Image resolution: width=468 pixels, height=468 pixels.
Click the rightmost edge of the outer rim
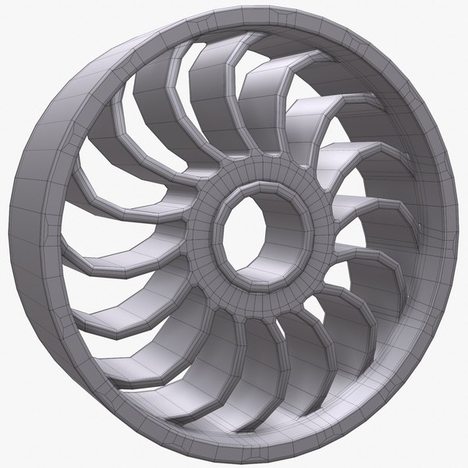[x=459, y=234]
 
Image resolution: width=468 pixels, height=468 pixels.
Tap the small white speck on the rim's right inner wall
[x=422, y=227]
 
